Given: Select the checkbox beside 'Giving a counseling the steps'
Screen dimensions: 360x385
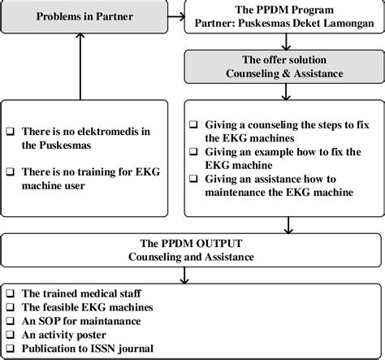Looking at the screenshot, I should (192, 124).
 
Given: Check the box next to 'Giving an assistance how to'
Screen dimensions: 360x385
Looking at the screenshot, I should (192, 179).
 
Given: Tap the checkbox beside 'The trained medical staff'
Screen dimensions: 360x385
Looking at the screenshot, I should (10, 291).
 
